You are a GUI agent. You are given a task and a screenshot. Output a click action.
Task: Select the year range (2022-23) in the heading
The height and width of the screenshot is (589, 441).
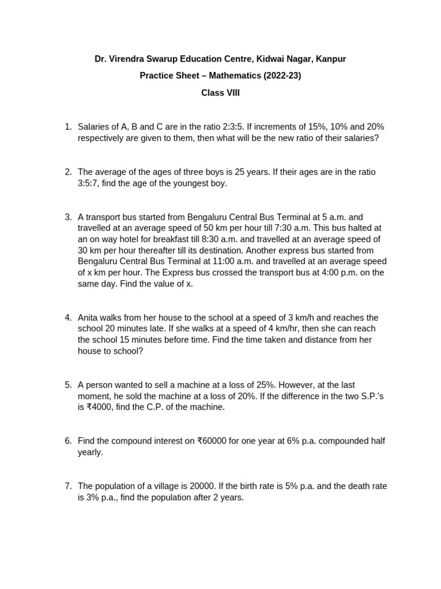coord(281,76)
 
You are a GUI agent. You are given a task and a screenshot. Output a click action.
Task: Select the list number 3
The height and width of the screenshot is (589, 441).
coord(68,217)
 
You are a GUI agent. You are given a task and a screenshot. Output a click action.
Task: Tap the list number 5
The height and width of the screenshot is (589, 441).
coord(68,385)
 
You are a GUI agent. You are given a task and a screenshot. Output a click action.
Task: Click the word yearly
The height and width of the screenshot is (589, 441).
coord(90,452)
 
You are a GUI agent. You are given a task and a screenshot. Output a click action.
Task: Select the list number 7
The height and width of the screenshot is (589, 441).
coord(68,486)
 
